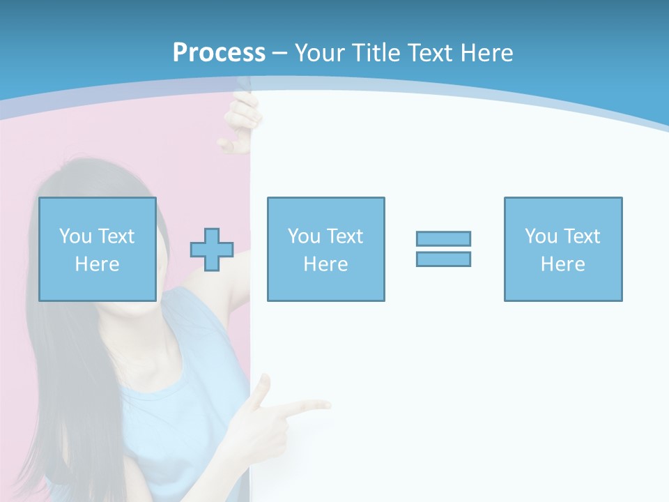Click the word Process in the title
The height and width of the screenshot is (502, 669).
tap(219, 52)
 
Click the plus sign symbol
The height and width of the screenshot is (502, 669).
tap(212, 250)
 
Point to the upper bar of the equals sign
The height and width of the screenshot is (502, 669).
tap(443, 238)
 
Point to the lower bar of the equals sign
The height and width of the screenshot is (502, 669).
tap(443, 259)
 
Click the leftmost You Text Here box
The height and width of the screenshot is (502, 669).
tap(97, 249)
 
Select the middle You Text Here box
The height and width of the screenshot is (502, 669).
tap(325, 249)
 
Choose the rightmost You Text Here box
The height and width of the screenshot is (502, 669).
tap(562, 249)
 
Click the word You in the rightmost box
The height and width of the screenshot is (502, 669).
tap(541, 236)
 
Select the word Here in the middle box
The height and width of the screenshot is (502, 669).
tap(325, 264)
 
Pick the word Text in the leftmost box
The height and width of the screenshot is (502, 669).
tap(116, 236)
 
